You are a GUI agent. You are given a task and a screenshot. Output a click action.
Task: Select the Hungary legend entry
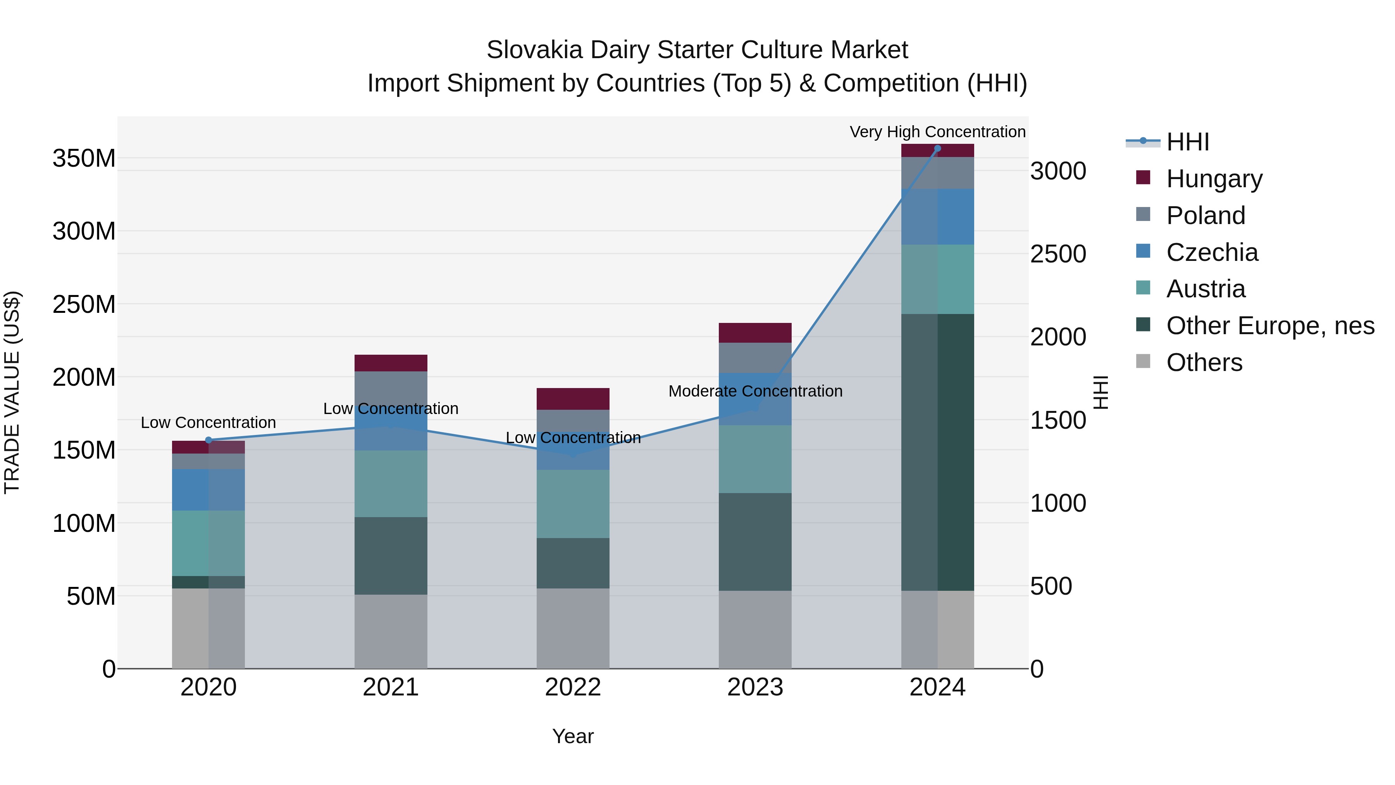[x=1214, y=179]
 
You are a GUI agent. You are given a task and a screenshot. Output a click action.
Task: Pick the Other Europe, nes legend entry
[x=1270, y=326]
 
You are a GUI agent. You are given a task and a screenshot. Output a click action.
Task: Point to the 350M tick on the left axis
[x=84, y=159]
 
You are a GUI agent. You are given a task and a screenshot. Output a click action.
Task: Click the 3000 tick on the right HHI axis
[x=1057, y=172]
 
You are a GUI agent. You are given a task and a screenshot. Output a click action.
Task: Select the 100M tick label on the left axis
[x=84, y=523]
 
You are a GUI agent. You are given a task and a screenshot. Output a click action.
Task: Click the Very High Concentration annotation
[x=937, y=132]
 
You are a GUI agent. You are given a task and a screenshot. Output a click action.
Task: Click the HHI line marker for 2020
[x=208, y=440]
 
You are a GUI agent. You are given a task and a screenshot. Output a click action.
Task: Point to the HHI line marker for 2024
[x=937, y=148]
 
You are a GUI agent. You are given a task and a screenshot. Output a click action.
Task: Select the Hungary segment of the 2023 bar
[x=755, y=333]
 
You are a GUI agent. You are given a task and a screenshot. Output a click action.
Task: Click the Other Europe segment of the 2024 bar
[x=937, y=452]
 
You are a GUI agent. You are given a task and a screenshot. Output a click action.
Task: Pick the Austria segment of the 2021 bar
[x=391, y=484]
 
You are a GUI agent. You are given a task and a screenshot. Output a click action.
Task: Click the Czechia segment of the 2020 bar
[x=208, y=490]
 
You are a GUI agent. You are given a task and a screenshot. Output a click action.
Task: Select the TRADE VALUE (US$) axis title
[x=12, y=392]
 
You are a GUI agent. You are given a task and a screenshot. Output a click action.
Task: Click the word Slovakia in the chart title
[x=534, y=50]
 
